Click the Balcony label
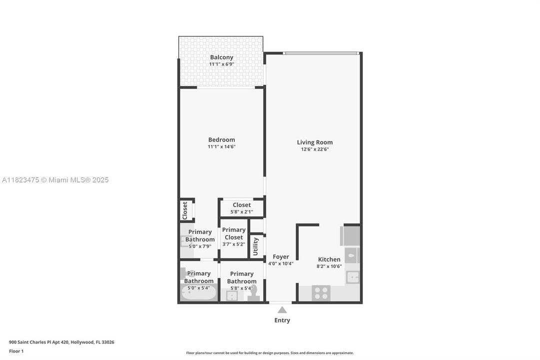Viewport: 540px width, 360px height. (221, 57)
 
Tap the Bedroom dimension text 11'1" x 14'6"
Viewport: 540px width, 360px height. (221, 147)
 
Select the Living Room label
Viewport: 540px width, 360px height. (315, 142)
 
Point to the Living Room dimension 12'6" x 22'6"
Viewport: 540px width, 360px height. (315, 149)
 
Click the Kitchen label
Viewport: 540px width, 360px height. (329, 259)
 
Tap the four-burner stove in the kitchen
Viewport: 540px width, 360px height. (321, 292)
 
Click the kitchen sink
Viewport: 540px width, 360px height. (353, 277)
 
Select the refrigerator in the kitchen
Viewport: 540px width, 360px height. (351, 235)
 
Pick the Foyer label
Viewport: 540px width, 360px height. (281, 257)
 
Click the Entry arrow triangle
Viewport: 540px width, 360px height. (282, 310)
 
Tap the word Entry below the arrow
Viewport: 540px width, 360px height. (282, 320)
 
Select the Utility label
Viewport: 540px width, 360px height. (256, 246)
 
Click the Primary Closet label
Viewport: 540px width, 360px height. (234, 233)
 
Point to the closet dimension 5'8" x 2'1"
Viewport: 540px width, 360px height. (242, 212)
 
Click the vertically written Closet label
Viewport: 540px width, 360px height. (185, 210)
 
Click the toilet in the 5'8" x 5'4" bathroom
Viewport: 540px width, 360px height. (254, 293)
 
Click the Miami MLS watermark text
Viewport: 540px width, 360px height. (55, 180)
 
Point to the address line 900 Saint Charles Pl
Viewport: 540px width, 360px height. (61, 342)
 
